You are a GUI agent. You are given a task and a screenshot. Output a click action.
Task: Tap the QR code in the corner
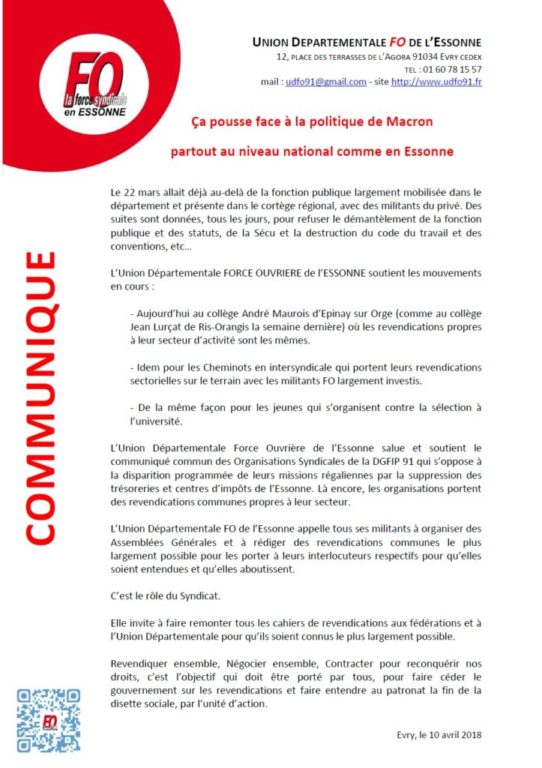coord(49,721)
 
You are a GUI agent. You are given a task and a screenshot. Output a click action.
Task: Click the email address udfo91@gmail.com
coord(326,82)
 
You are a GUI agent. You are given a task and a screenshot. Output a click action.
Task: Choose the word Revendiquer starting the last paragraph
coord(140,664)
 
